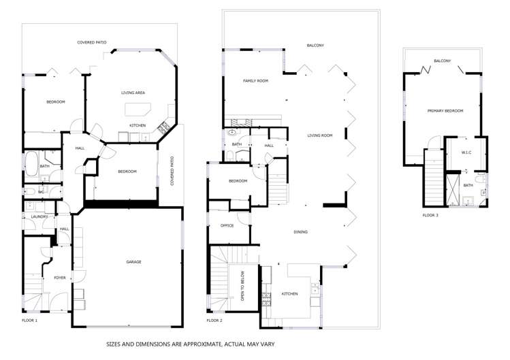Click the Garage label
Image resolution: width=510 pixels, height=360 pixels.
tap(133, 261)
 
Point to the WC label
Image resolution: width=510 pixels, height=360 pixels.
tap(40, 192)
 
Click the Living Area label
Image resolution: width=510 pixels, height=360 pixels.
tap(133, 93)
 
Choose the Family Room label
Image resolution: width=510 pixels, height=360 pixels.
tap(255, 80)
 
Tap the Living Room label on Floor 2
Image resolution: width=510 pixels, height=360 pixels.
tap(319, 135)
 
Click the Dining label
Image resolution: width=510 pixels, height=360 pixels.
tap(300, 232)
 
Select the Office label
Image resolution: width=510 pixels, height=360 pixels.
tap(227, 225)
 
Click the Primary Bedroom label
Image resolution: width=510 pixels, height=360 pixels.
tap(445, 111)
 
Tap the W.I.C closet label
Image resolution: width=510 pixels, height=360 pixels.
tap(467, 152)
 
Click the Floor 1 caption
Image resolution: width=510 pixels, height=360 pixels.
tap(29, 320)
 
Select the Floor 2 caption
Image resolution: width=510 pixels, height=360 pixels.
tap(215, 320)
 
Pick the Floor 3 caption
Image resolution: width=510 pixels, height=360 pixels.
tap(430, 215)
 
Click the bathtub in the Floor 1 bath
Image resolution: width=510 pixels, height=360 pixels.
tap(31, 164)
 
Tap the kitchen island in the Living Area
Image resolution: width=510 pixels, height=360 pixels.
tap(138, 110)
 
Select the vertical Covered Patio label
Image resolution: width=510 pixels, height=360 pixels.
tap(172, 174)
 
